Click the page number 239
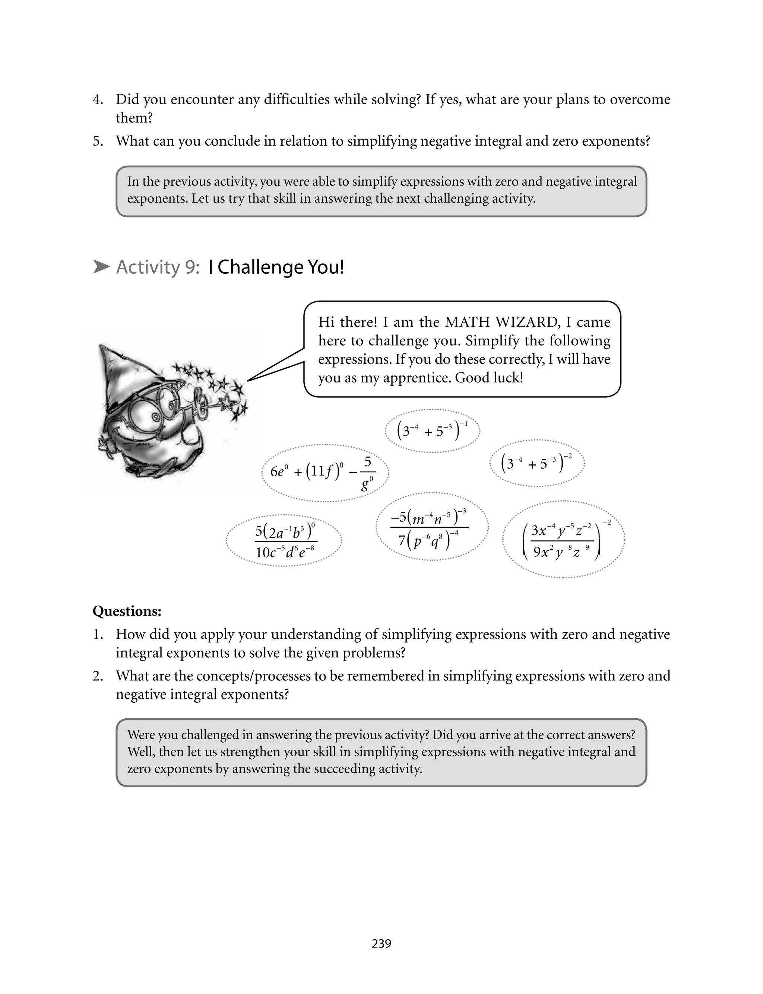tap(381, 943)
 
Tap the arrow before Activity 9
tap(101, 267)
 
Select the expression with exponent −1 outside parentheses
tap(432, 430)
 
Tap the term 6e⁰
tap(279, 471)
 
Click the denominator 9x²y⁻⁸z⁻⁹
tap(561, 552)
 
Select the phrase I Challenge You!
tap(276, 267)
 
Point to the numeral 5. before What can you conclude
tap(98, 141)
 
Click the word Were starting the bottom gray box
tap(140, 734)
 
